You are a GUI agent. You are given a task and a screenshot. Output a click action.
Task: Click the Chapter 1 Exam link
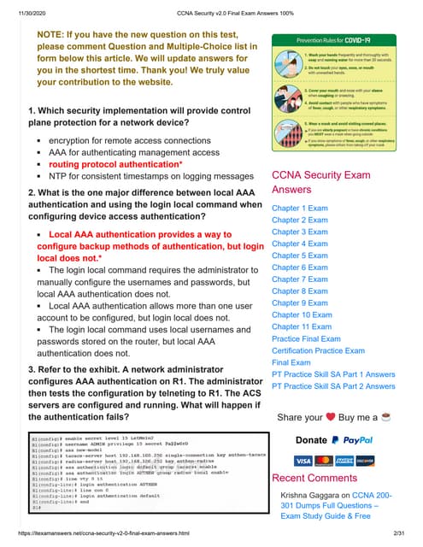pos(299,208)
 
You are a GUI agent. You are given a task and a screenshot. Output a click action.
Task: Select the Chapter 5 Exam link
pos(299,256)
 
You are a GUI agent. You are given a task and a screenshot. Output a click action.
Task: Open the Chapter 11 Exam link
pos(302,326)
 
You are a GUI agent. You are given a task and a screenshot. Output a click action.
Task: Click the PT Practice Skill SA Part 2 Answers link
pos(333,386)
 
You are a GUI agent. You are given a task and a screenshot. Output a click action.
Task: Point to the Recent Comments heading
pos(314,477)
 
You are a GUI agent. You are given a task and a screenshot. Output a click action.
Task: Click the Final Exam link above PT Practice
pos(291,362)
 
